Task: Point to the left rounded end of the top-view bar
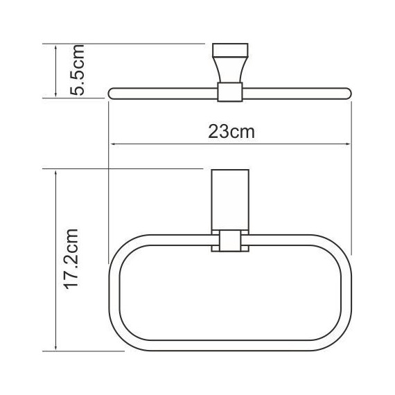(x=112, y=91)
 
